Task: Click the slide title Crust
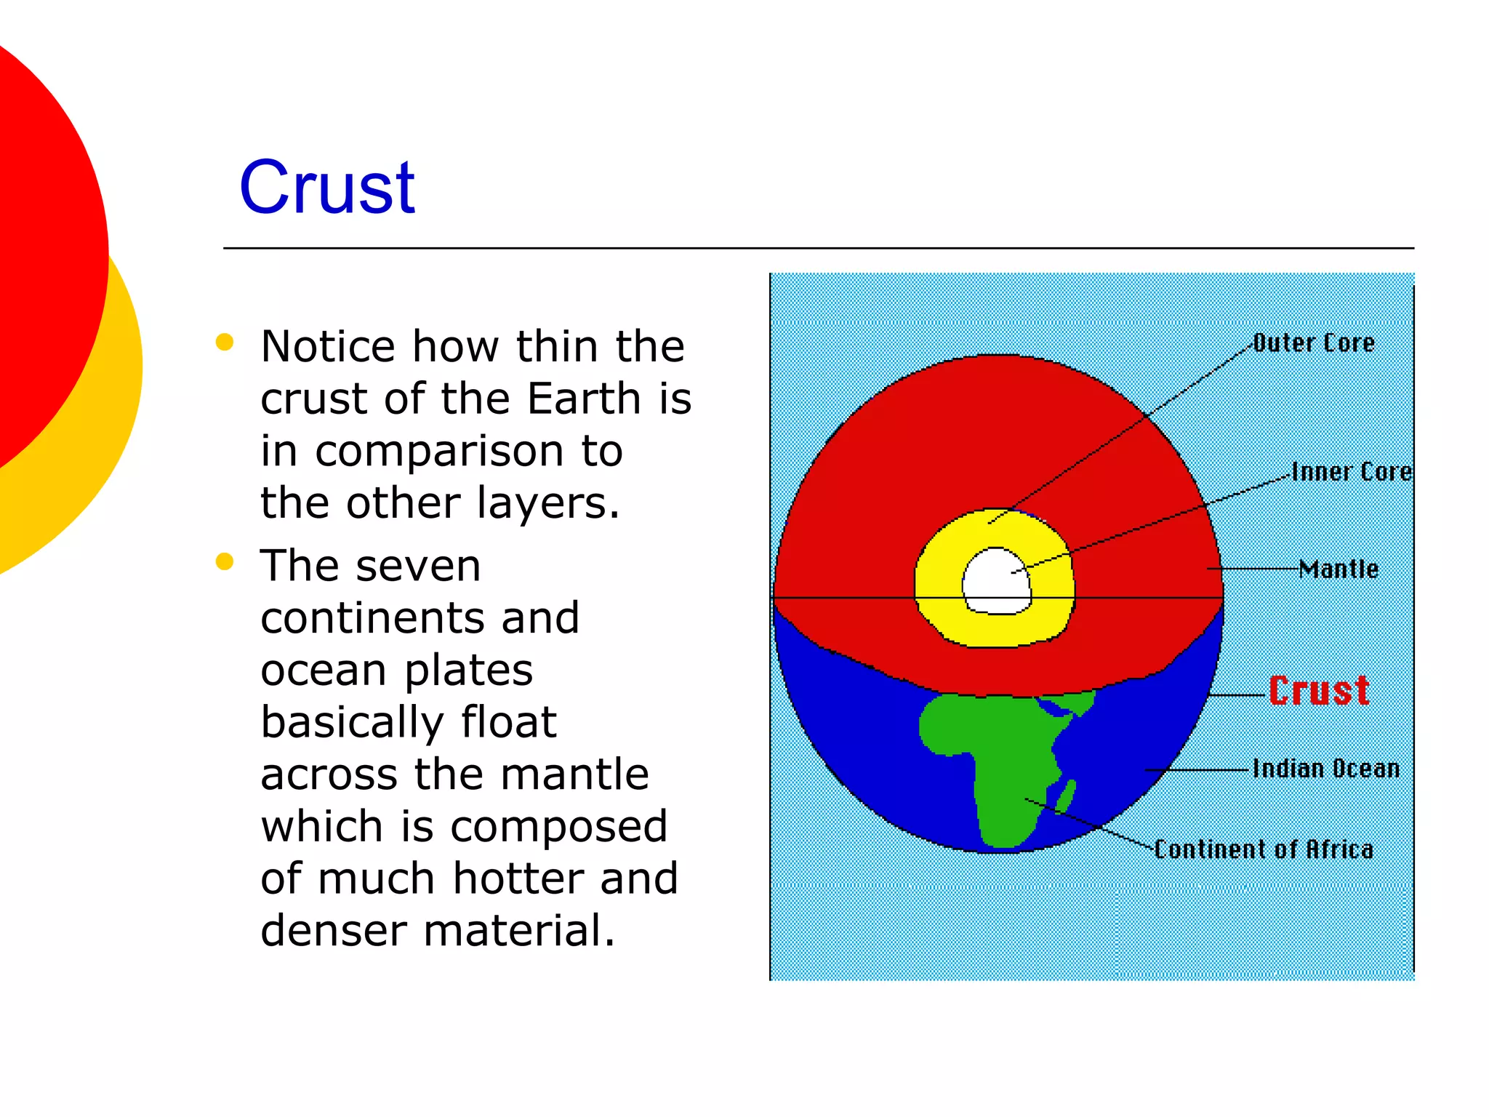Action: click(326, 188)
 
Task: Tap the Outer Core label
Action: click(1314, 343)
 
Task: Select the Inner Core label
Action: click(1351, 472)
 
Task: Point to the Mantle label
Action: click(1339, 569)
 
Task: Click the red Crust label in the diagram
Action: click(1319, 690)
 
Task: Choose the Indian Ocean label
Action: click(1325, 769)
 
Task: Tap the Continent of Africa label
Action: click(1264, 849)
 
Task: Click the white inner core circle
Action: click(996, 582)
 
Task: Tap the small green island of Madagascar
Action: click(1067, 797)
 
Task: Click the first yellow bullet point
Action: click(225, 342)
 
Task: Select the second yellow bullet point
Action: click(225, 561)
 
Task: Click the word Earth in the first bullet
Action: click(584, 399)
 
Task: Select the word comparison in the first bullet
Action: click(439, 451)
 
